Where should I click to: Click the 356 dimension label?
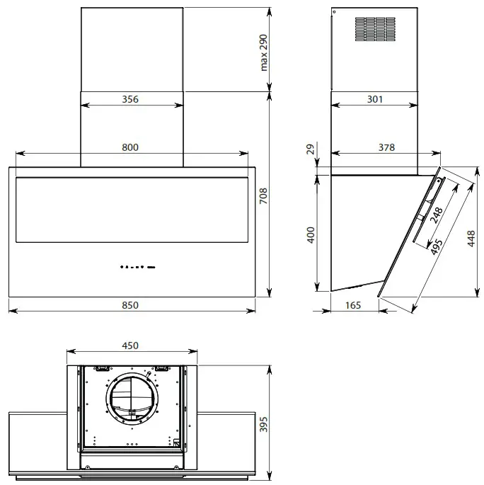pyautogui.click(x=129, y=99)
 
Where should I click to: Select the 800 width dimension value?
pyautogui.click(x=129, y=147)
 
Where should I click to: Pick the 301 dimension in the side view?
pyautogui.click(x=375, y=99)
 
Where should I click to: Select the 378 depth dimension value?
pyautogui.click(x=386, y=147)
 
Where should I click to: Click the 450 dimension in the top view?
pyautogui.click(x=129, y=346)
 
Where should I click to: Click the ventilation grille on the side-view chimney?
pyautogui.click(x=374, y=29)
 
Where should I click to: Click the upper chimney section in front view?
pyautogui.click(x=132, y=50)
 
